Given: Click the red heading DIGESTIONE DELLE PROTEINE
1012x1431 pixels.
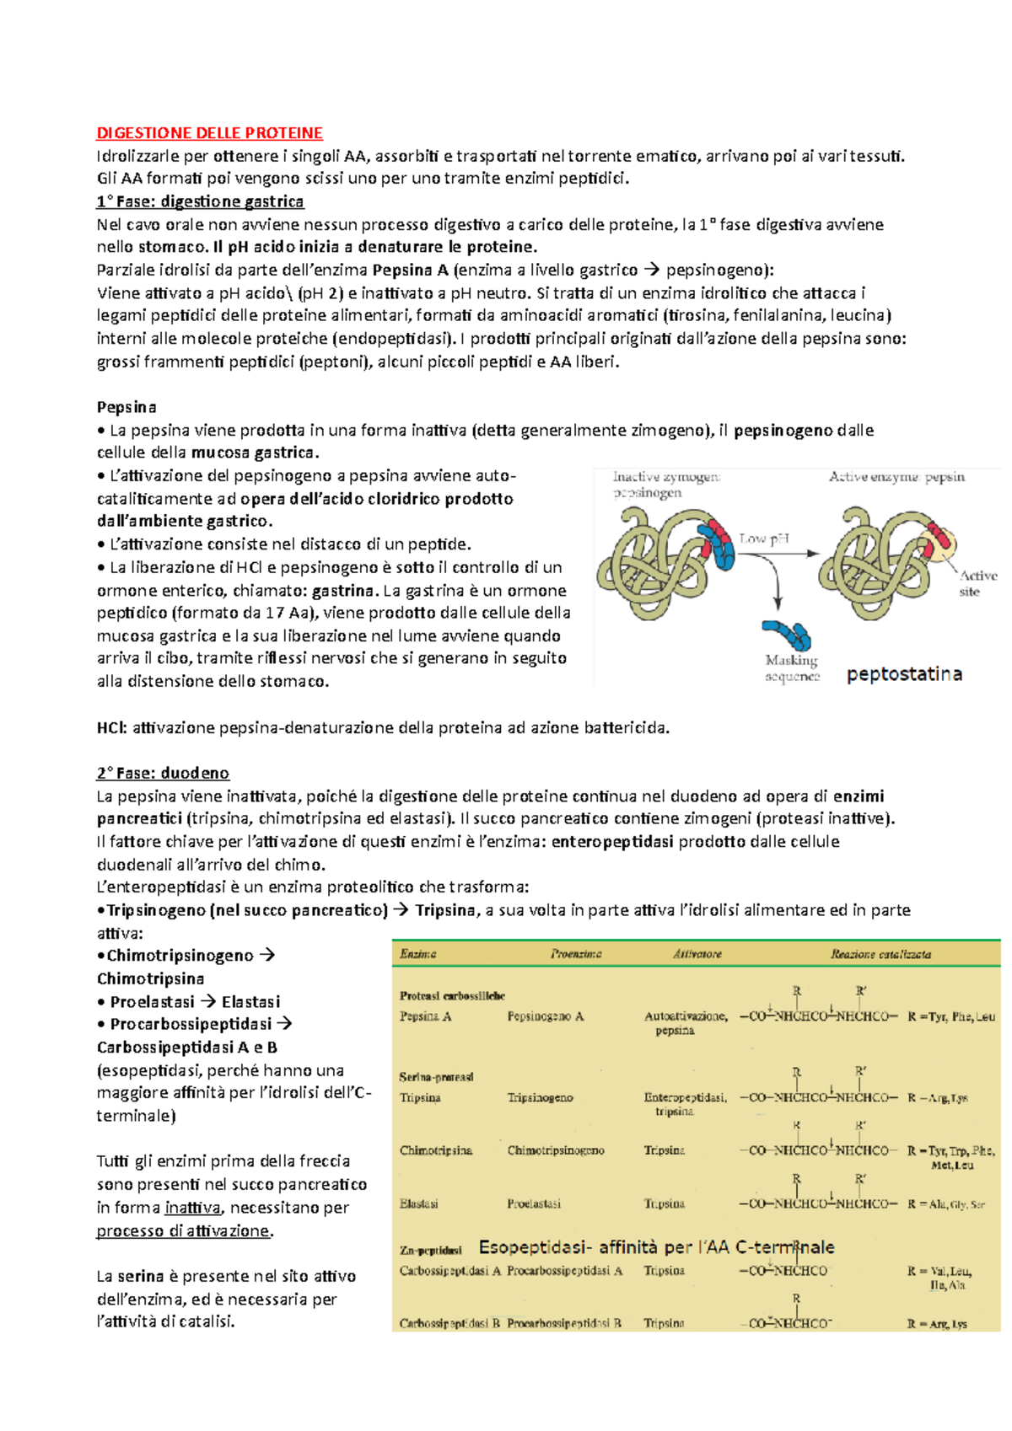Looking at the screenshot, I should coord(209,133).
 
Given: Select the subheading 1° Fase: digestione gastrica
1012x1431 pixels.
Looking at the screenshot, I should coord(200,201).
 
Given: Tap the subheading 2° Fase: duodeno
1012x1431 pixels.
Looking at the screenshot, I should coord(163,773).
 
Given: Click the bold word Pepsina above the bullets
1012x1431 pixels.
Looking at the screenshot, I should coord(126,407).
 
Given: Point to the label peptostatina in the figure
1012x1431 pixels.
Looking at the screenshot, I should coord(904,674).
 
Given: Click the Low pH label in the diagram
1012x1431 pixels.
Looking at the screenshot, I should coord(763,538).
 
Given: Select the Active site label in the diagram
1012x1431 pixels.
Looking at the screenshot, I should coord(977,583).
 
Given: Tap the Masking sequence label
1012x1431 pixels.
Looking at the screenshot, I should coord(792,668).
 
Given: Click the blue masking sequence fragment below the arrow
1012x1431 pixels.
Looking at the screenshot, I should coord(786,634).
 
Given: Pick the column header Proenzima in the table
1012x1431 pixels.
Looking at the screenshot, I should coord(576,954).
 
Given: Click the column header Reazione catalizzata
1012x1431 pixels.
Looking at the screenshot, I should coord(880,954).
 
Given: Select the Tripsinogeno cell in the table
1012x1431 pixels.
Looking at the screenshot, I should coord(540,1097).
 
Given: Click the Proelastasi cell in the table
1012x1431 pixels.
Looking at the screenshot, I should coord(534,1203).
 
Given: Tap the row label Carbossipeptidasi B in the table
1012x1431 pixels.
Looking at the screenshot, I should coord(449,1323).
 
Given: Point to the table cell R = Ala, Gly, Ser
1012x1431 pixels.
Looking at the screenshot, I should coord(945,1204).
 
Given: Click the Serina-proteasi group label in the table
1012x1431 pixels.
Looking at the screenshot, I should coord(436,1076).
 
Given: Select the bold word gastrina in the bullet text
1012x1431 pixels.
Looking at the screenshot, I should coord(342,590).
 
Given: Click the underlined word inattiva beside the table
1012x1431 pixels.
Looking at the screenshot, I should coord(192,1208).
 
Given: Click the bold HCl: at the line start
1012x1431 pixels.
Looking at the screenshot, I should coord(111,727).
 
